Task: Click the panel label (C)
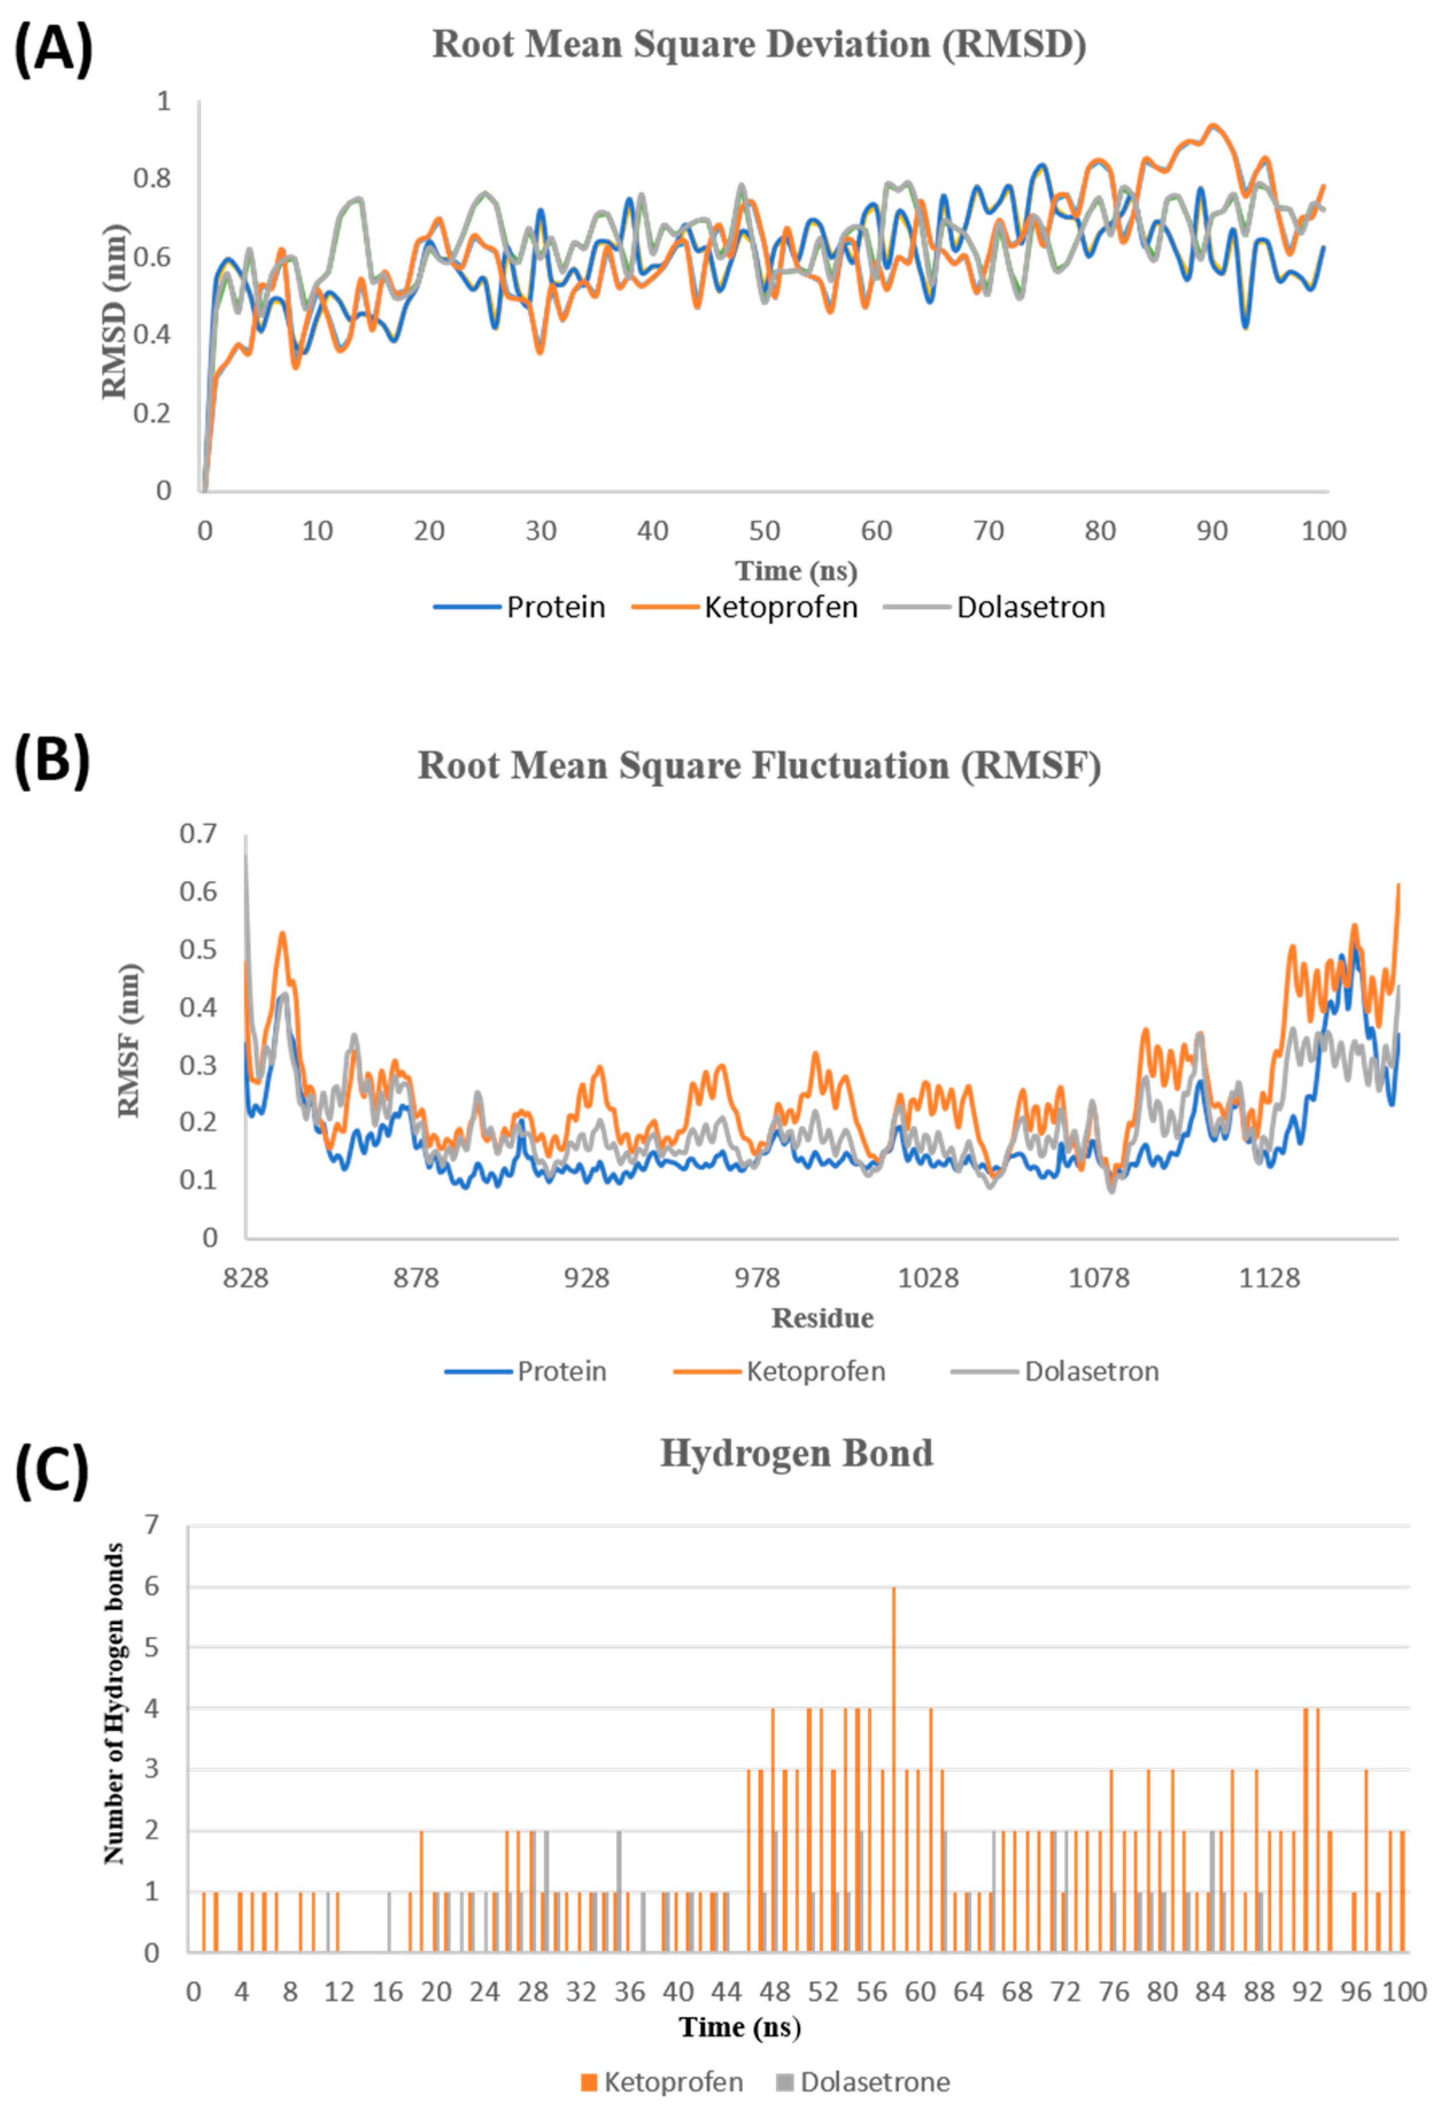click(x=53, y=1471)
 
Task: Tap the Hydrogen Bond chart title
click(x=796, y=1453)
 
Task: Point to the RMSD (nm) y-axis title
click(x=115, y=311)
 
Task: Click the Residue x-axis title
click(x=822, y=1318)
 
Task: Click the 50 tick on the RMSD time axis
click(x=765, y=530)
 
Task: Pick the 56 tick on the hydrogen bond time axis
click(x=871, y=1993)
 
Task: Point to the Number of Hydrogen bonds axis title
click(x=114, y=1751)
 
